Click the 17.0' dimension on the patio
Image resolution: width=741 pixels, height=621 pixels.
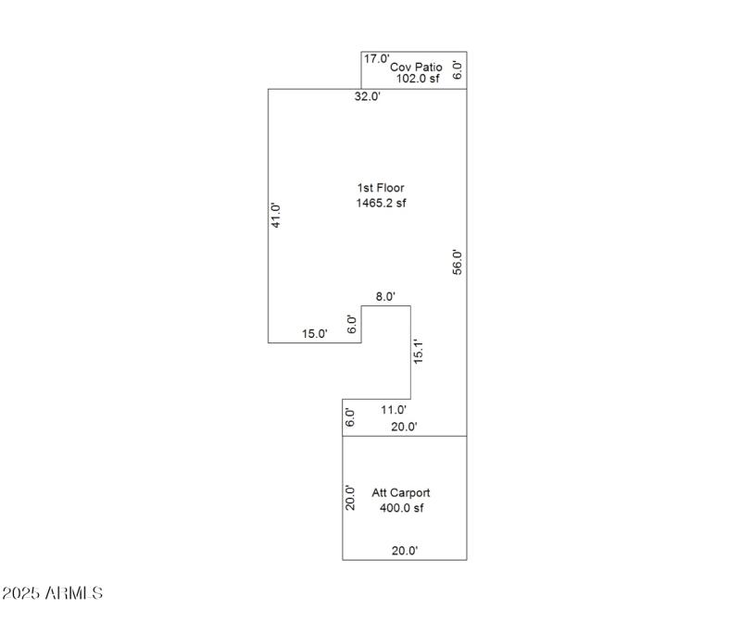point(376,59)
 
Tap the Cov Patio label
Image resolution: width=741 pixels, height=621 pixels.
point(415,67)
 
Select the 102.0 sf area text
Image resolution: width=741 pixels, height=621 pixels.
point(419,79)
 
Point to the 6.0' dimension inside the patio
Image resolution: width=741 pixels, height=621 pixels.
point(457,70)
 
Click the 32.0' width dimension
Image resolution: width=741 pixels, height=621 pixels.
point(368,96)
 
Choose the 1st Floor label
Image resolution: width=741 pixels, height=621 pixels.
point(381,188)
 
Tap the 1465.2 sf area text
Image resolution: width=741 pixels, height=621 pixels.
point(381,203)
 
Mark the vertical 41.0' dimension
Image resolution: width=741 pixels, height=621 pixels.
point(275,215)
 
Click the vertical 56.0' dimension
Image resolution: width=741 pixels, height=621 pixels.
point(457,262)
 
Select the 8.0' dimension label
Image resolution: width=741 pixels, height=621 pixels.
point(385,297)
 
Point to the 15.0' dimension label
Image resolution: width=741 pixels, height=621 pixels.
point(315,334)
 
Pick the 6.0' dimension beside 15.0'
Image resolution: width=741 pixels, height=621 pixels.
point(351,324)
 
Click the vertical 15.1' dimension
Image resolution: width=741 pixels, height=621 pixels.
point(418,354)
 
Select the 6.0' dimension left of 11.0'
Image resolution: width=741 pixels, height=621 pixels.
point(350,416)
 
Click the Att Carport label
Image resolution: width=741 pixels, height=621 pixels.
point(401,493)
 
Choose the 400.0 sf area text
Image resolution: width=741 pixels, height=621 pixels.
point(401,508)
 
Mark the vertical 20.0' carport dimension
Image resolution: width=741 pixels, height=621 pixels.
point(350,498)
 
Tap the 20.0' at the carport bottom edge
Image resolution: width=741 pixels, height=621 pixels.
point(405,551)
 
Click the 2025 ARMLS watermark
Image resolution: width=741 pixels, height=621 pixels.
point(52,592)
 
